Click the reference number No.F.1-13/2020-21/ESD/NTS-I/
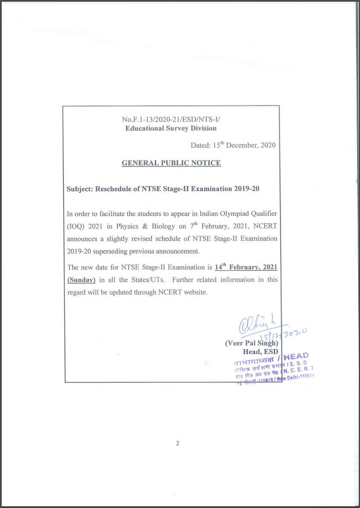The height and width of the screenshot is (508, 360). coord(171,120)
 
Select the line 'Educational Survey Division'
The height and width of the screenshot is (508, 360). coord(171,128)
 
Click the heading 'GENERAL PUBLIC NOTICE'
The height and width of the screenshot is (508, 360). coord(171,163)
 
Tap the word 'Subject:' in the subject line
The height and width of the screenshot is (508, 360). coord(80,188)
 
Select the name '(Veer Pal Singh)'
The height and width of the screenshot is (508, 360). coord(251,343)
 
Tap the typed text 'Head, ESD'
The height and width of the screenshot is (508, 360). coord(261,352)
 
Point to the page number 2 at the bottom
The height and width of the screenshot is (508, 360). coord(177,443)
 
